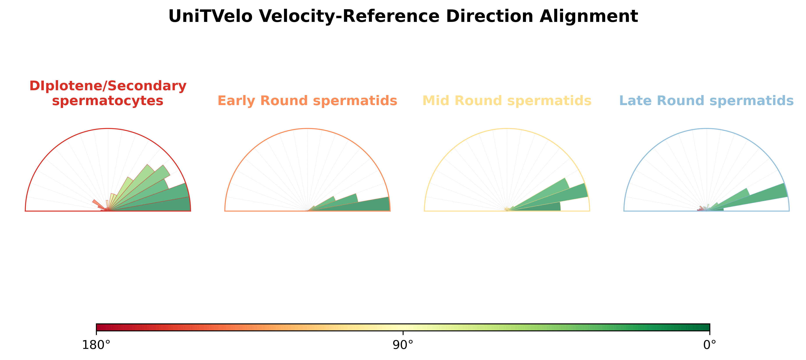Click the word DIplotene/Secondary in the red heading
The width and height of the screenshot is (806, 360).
point(108,86)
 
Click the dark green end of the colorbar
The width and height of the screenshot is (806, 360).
point(706,327)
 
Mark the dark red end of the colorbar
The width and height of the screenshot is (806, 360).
point(100,327)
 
